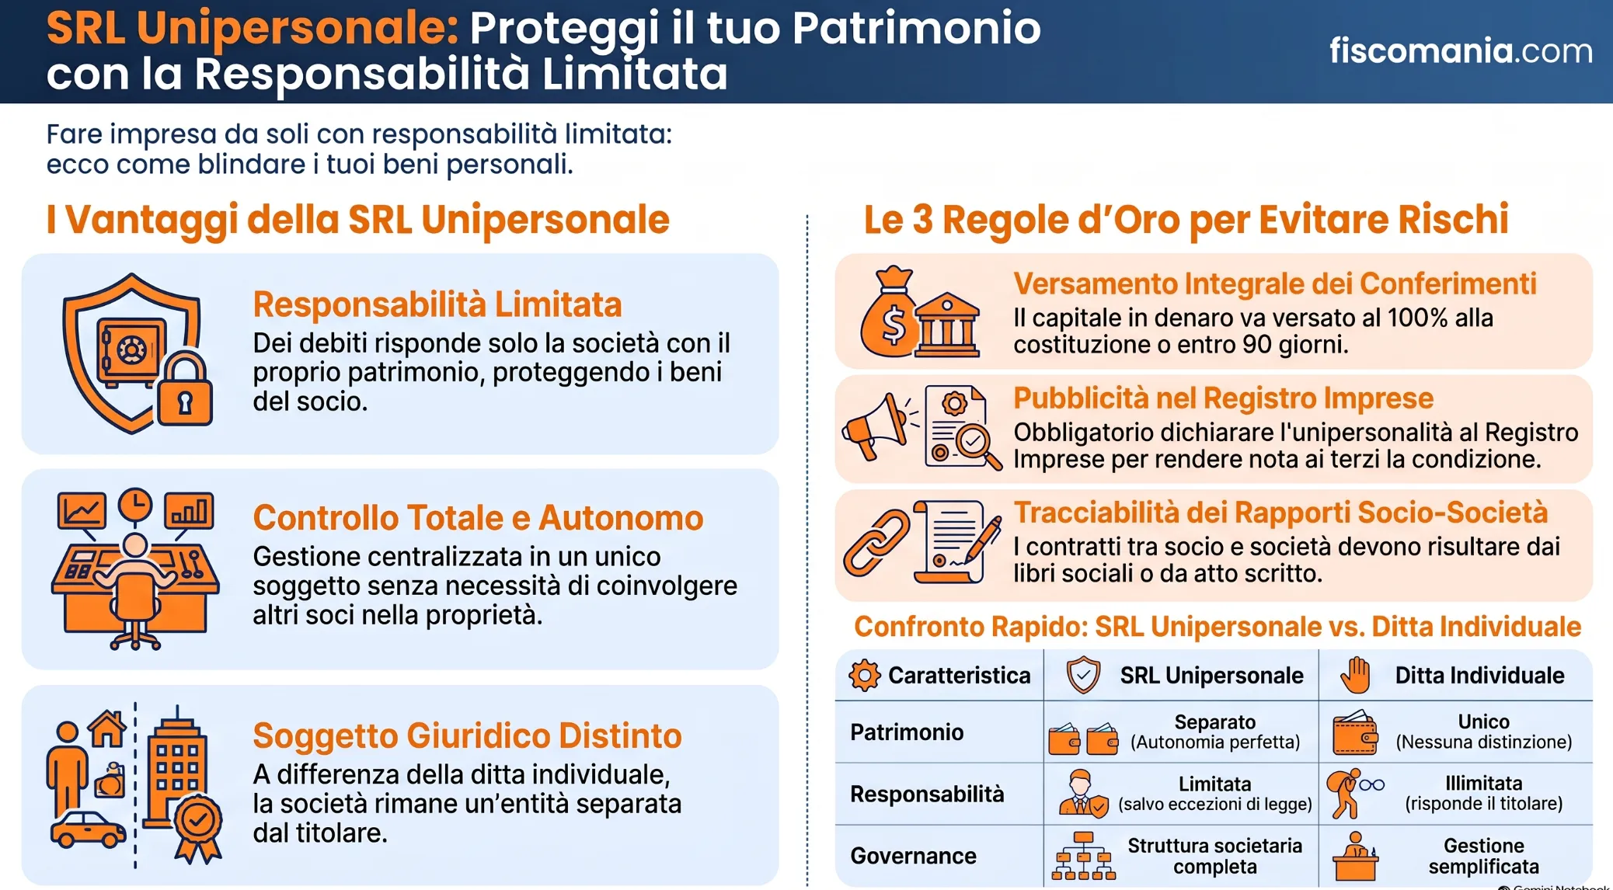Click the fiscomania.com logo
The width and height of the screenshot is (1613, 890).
(1461, 50)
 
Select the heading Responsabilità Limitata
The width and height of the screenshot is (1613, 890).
(437, 304)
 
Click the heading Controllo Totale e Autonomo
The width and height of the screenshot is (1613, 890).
(478, 518)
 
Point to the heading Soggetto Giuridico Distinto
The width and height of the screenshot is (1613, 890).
(467, 735)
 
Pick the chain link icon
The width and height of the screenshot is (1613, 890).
(876, 543)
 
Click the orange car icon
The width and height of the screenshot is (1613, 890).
(88, 829)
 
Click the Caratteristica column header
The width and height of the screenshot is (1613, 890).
(940, 675)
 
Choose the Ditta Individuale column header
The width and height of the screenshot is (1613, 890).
(1452, 675)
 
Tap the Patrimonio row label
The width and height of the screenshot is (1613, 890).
(907, 732)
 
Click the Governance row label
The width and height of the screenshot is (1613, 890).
(913, 856)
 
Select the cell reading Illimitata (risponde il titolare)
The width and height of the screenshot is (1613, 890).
(1483, 794)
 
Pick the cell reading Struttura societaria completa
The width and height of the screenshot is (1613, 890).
(1214, 856)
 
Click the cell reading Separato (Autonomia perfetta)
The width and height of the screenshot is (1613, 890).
(1214, 732)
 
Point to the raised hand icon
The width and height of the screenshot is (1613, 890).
(1356, 675)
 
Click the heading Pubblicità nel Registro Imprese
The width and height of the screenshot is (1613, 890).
(1223, 398)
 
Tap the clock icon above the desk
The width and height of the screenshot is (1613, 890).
(135, 505)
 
